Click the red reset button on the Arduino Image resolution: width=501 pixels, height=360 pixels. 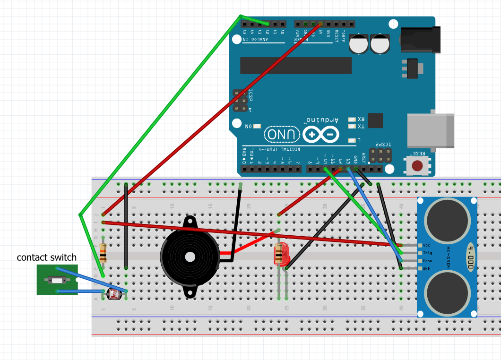click(x=417, y=166)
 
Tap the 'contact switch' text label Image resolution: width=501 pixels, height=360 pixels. click(x=46, y=257)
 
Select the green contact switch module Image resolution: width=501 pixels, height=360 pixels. click(x=57, y=280)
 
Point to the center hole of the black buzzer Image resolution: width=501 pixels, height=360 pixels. click(x=190, y=257)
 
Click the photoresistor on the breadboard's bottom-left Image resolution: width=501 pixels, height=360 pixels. click(x=115, y=295)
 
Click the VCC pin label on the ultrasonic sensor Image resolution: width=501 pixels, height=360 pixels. click(x=427, y=246)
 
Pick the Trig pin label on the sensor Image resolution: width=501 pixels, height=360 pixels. click(x=427, y=253)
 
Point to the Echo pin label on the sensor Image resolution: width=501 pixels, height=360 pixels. click(x=427, y=261)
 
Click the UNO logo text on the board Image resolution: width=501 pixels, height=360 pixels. click(x=282, y=135)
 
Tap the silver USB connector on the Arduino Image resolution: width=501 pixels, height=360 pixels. click(x=430, y=130)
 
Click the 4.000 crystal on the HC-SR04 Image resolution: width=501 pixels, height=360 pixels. click(x=471, y=257)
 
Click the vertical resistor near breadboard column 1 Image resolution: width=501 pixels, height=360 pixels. click(x=103, y=252)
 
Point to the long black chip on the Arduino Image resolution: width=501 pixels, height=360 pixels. click(x=296, y=66)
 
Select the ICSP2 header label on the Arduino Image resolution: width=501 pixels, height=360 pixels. click(x=380, y=144)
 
